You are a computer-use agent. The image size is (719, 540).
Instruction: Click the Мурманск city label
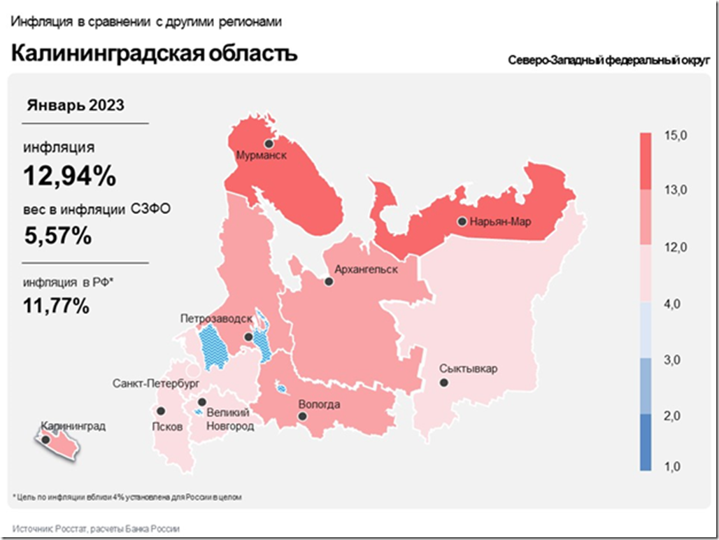pyautogui.click(x=262, y=155)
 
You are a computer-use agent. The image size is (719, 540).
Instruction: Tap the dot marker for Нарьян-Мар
pyautogui.click(x=462, y=222)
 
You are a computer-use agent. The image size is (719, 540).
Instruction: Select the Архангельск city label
pyautogui.click(x=366, y=269)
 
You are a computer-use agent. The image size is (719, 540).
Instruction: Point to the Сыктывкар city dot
pyautogui.click(x=443, y=383)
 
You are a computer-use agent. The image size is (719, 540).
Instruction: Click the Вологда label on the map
pyautogui.click(x=319, y=404)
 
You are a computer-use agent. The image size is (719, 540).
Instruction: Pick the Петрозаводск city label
pyautogui.click(x=216, y=318)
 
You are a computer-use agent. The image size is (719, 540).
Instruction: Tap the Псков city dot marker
pyautogui.click(x=161, y=411)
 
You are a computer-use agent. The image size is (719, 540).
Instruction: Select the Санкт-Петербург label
pyautogui.click(x=157, y=383)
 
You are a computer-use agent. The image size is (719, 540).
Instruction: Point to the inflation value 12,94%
pyautogui.click(x=69, y=176)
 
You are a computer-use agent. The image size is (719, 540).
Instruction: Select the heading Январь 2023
pyautogui.click(x=76, y=106)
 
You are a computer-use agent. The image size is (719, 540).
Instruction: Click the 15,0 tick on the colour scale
pyautogui.click(x=676, y=134)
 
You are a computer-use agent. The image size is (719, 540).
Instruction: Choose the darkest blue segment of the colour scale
pyautogui.click(x=646, y=441)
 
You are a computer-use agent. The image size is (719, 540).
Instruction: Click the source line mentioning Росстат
pyautogui.click(x=96, y=529)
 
